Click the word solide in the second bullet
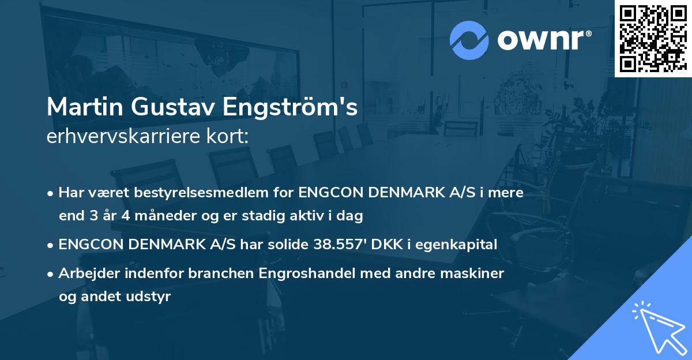tap(288, 245)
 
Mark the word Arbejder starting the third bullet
tap(84, 273)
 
